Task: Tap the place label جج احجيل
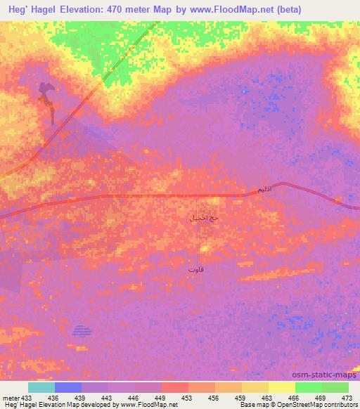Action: pyautogui.click(x=203, y=218)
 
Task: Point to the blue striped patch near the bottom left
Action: pyautogui.click(x=83, y=330)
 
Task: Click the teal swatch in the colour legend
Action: pyautogui.click(x=41, y=387)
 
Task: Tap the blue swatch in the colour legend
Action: pyautogui.click(x=67, y=387)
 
